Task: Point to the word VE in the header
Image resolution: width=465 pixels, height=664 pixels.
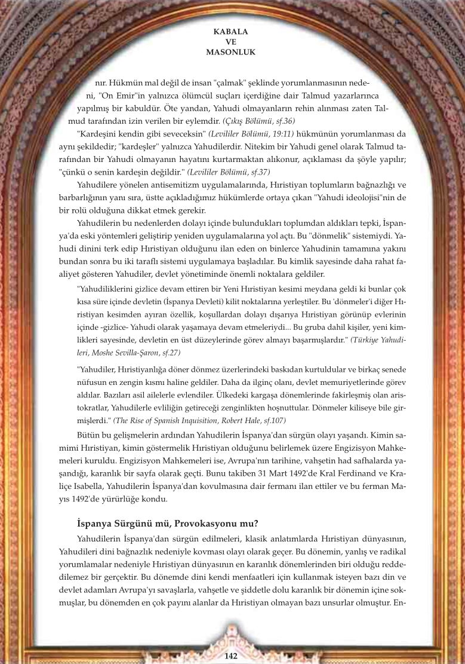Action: coord(231,42)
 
